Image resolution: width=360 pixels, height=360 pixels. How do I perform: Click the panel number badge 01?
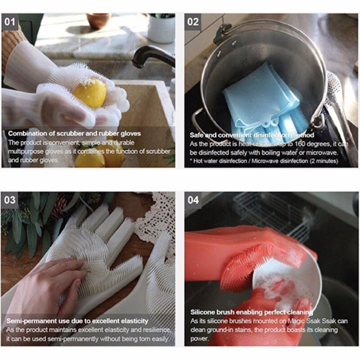tap(9, 21)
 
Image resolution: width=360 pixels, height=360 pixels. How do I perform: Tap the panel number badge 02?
tap(193, 22)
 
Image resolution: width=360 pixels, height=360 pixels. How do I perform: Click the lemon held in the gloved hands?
tap(90, 93)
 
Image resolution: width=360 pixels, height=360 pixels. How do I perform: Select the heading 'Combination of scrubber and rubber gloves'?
tap(74, 134)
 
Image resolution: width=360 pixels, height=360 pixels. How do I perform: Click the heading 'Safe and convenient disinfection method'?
tap(252, 135)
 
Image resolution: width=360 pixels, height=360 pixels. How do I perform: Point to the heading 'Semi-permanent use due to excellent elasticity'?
tap(77, 321)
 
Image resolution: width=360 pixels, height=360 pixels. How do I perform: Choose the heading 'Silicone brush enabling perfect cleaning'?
tap(251, 312)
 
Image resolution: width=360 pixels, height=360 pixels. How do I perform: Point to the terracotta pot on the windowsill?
tap(99, 20)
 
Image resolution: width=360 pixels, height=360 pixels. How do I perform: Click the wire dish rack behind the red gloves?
tap(270, 214)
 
